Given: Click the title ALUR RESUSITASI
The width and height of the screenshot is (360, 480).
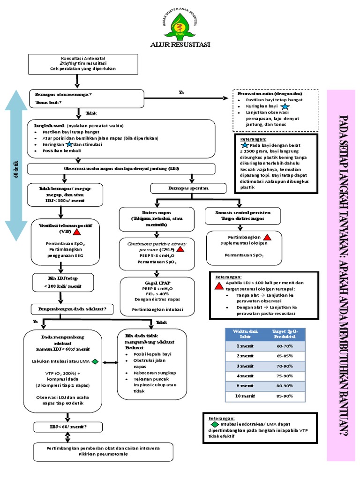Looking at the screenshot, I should click(x=180, y=45).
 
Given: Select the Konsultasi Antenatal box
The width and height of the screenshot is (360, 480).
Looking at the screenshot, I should click(x=83, y=63).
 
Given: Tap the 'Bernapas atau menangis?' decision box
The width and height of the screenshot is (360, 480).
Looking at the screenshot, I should click(x=87, y=98).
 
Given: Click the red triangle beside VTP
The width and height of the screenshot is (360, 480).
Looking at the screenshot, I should click(x=77, y=231).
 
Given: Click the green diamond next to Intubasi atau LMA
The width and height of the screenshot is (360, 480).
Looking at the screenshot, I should click(x=95, y=361).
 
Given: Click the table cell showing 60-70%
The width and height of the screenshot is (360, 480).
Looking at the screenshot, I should click(x=285, y=345).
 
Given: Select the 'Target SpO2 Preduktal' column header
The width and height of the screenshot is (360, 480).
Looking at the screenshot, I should click(x=285, y=334).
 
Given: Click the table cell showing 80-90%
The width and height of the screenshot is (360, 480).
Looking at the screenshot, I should click(x=285, y=386).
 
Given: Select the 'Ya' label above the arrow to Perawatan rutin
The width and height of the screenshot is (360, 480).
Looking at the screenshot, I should click(x=181, y=92).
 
